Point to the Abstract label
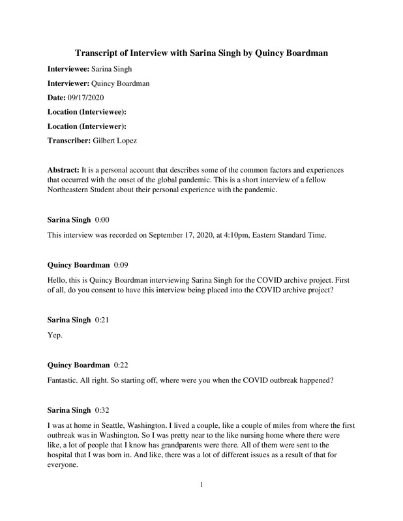pyautogui.click(x=67, y=169)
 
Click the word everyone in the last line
pyautogui.click(x=66, y=465)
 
